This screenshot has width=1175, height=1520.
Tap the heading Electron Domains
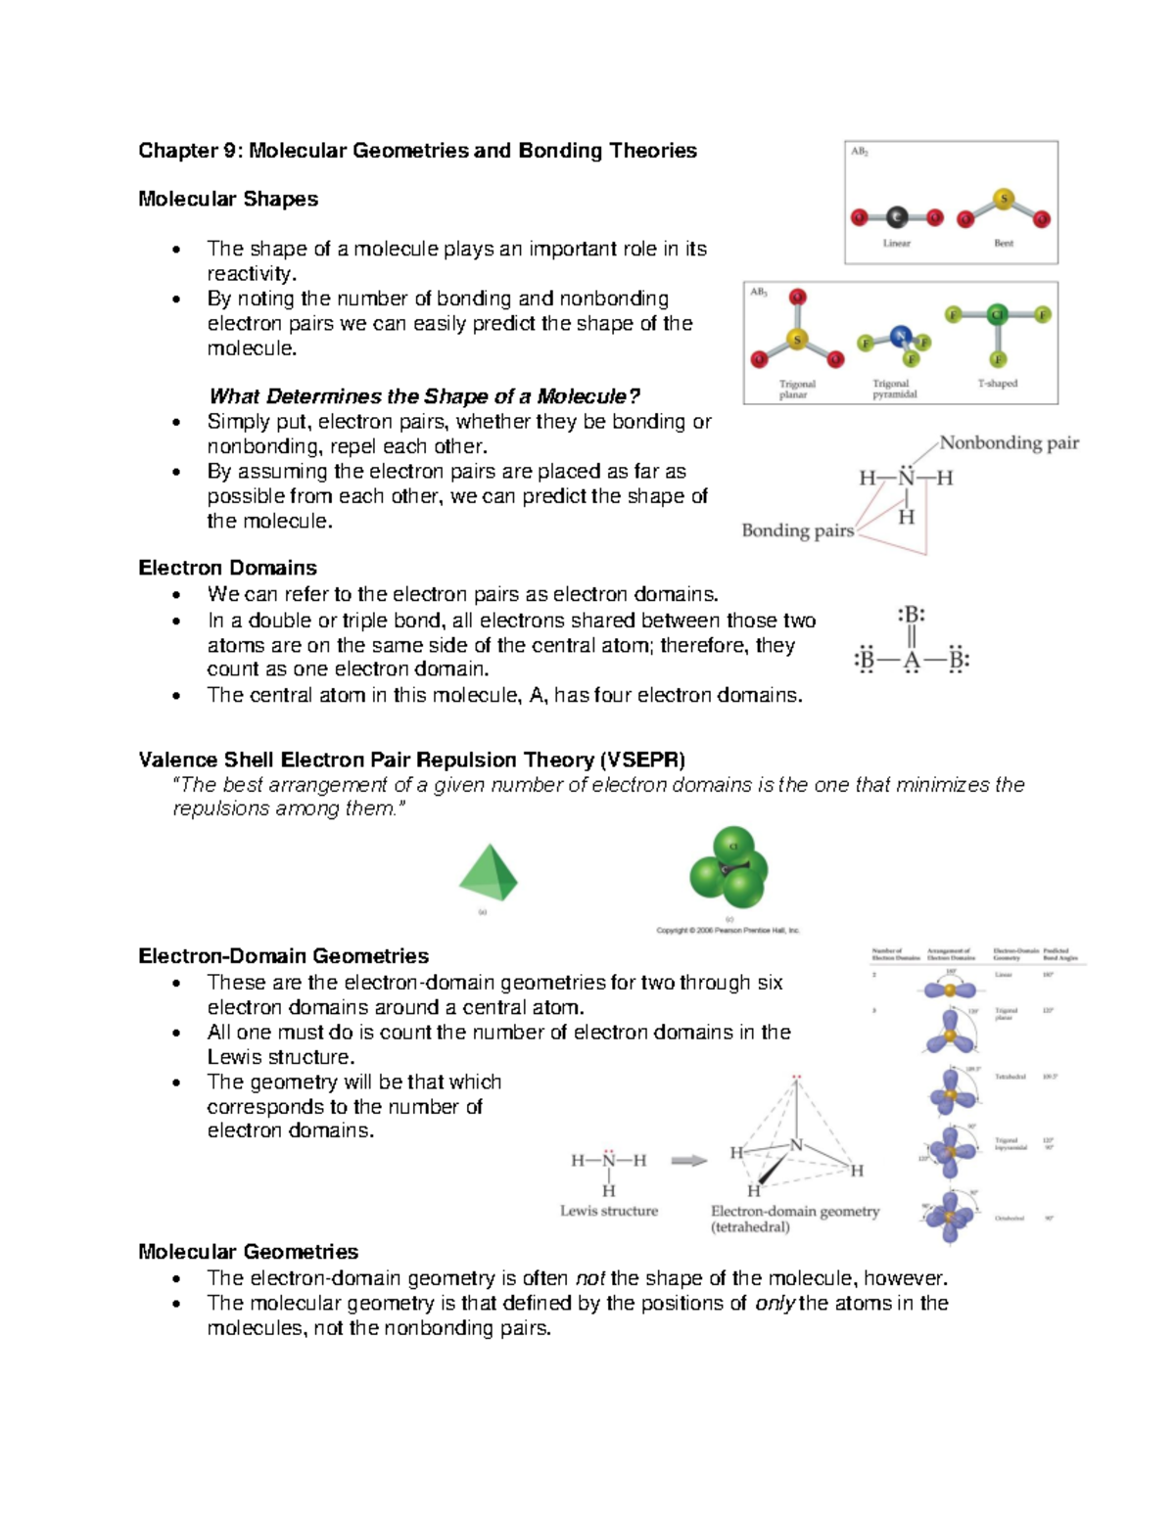[x=227, y=568]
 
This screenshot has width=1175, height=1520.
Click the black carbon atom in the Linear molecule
[x=897, y=217]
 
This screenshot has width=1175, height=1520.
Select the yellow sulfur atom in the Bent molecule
[x=1004, y=200]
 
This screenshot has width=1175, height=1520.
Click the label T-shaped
[x=997, y=384]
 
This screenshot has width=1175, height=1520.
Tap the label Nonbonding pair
[x=1009, y=442]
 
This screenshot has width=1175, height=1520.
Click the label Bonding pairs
[x=797, y=530]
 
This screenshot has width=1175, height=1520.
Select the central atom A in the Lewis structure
[x=912, y=661]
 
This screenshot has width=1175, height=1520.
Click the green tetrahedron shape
[x=488, y=873]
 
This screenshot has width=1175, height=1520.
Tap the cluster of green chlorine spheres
[x=728, y=868]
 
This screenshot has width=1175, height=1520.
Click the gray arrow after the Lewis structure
[x=688, y=1161]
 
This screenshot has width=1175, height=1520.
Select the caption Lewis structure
[x=608, y=1211]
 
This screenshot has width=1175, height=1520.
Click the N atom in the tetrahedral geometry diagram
[x=796, y=1145]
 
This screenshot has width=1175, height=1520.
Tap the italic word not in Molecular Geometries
[x=589, y=1278]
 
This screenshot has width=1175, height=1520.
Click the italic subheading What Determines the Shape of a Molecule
[x=424, y=396]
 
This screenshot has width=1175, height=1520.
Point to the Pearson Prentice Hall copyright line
[x=728, y=930]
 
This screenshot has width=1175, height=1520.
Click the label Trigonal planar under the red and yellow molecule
[x=796, y=390]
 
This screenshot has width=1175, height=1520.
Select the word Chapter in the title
[x=177, y=151]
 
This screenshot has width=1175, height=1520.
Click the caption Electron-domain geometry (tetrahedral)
[x=794, y=1219]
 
